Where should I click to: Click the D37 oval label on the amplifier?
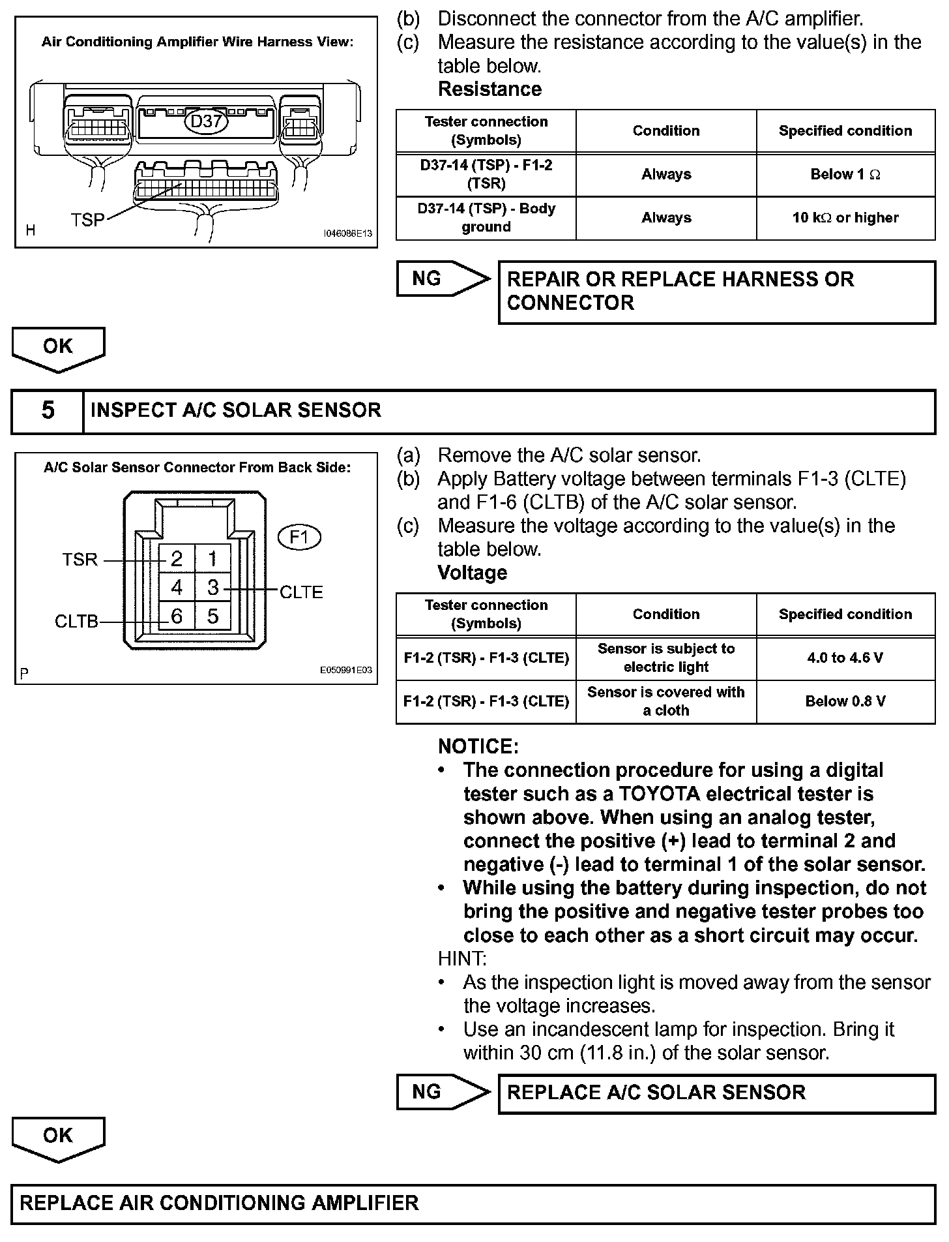click(206, 121)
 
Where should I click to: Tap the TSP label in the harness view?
click(87, 220)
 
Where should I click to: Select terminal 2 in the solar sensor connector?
click(177, 558)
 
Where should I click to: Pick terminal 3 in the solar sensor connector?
click(212, 588)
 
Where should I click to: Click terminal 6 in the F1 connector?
click(177, 616)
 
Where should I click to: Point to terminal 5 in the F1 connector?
click(212, 616)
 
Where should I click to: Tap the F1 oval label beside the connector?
click(299, 538)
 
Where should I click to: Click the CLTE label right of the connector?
click(301, 592)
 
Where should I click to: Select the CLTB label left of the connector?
click(76, 622)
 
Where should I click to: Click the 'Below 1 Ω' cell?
click(845, 175)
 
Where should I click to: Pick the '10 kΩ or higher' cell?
click(845, 218)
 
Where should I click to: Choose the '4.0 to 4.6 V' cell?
click(845, 658)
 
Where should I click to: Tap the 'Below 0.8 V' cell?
click(845, 701)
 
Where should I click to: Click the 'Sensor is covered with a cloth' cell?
click(665, 701)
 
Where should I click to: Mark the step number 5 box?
click(48, 410)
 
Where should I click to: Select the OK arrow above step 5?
click(58, 348)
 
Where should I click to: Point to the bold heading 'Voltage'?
click(472, 573)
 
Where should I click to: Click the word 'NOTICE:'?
click(478, 746)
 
